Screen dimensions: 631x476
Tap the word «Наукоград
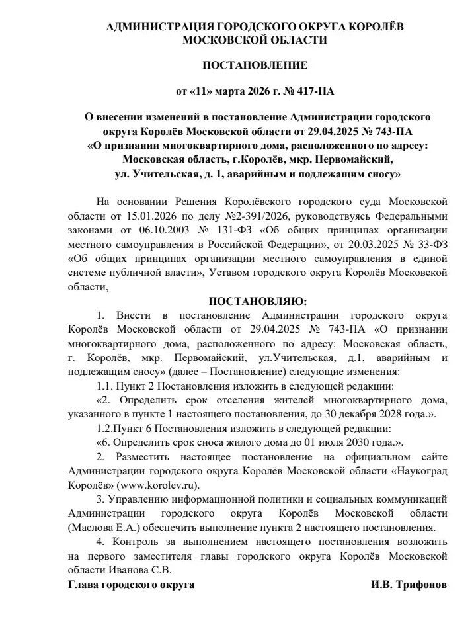coord(418,471)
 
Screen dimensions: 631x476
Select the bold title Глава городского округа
coord(131,585)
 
